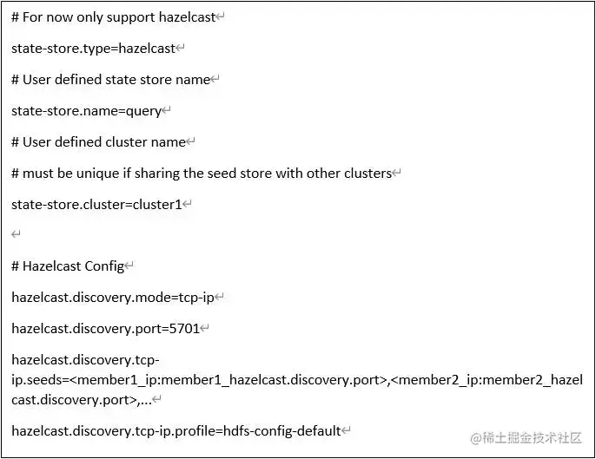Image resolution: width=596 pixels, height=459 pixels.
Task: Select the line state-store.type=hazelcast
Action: [93, 49]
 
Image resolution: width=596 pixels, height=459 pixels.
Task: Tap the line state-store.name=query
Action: [86, 111]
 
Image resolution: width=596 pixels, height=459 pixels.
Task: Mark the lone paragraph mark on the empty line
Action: [16, 235]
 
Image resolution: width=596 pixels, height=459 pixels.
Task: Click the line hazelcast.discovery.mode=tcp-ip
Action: [112, 298]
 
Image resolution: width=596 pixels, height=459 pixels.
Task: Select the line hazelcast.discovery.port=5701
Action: [105, 329]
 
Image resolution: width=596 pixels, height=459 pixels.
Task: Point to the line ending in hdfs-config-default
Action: [175, 430]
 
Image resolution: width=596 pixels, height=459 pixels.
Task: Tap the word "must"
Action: [38, 174]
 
